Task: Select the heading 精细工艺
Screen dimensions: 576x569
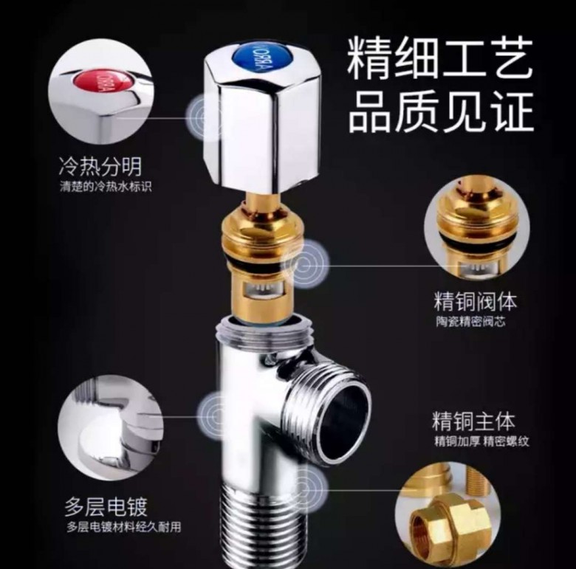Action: (439, 59)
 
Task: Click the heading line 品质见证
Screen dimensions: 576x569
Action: (440, 111)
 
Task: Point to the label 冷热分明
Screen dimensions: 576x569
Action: (100, 167)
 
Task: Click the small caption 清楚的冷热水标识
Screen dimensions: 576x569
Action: (106, 187)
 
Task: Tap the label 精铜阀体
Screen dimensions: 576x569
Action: (475, 301)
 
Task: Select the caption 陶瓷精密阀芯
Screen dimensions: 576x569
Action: (470, 322)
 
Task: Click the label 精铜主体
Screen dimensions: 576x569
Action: (473, 421)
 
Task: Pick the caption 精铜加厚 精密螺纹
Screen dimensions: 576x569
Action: (481, 441)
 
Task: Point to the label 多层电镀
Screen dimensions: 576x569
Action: (106, 507)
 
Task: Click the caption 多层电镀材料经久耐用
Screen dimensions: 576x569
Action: (124, 527)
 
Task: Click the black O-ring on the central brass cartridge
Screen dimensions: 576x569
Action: (256, 258)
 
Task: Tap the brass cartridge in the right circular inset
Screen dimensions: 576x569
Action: (476, 227)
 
